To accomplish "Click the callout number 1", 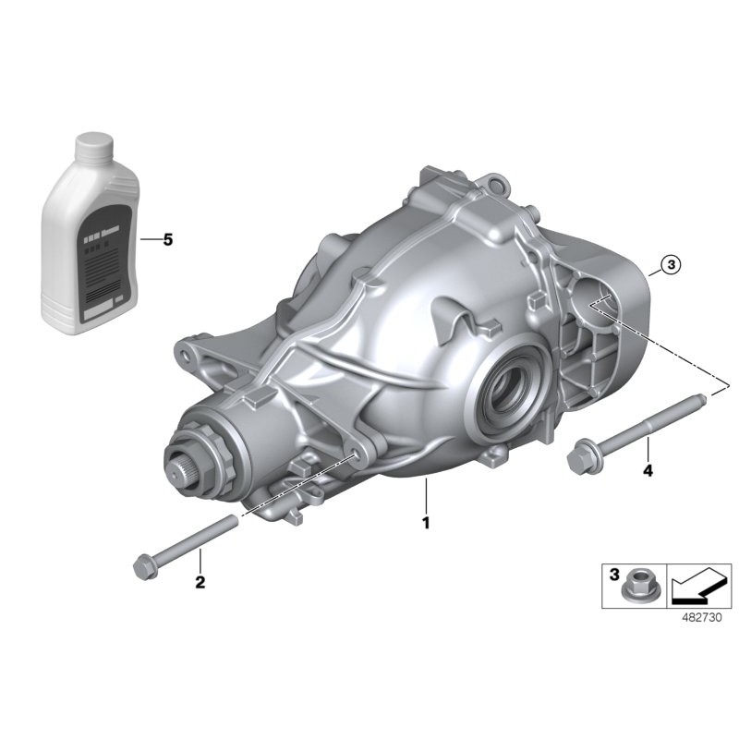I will click(x=426, y=522).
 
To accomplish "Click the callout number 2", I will click(x=200, y=582).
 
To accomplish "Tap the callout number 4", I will click(x=648, y=471).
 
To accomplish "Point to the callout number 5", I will click(x=167, y=240).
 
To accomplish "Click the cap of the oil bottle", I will click(x=92, y=148).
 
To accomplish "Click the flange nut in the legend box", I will click(x=636, y=586).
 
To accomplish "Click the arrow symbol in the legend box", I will click(x=698, y=585).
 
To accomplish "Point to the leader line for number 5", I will click(x=148, y=240).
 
